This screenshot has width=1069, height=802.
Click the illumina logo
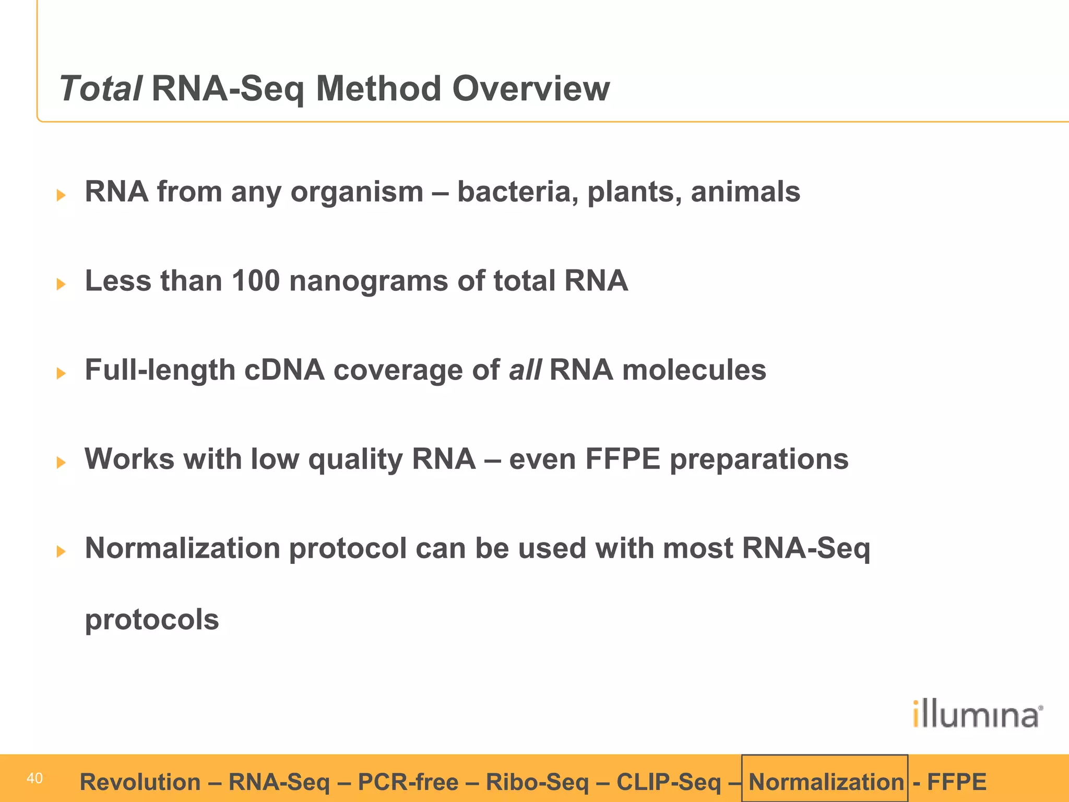978,714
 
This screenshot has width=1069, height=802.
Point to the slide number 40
34,779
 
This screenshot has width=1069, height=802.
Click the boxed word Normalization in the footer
826,782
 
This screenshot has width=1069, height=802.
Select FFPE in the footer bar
956,782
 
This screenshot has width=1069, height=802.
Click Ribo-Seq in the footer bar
537,782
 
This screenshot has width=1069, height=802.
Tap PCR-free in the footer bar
408,782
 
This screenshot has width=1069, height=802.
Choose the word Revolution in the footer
140,782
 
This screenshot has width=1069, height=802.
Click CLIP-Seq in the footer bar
668,782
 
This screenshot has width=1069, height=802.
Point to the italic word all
525,370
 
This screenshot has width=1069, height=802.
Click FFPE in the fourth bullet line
623,459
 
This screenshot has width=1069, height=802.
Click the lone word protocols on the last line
152,620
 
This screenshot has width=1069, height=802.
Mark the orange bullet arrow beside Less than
61,284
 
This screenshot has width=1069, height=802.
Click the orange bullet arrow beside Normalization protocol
61,551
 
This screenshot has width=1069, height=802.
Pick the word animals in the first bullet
745,192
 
